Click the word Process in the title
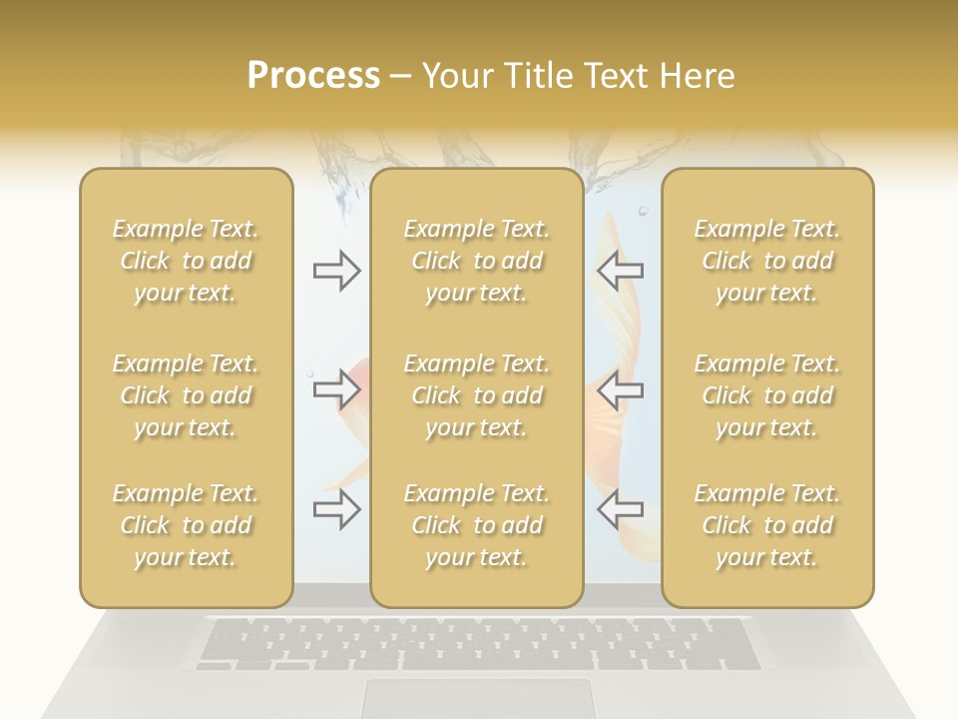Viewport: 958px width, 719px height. [313, 76]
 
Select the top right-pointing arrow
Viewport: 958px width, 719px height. [337, 271]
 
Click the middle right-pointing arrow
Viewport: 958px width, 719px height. [337, 388]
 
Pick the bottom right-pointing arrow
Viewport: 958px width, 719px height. [337, 508]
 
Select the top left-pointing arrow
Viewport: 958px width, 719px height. [620, 271]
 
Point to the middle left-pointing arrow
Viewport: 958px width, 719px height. [620, 388]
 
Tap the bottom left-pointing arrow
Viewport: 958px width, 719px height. [620, 508]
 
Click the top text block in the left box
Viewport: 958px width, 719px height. [186, 261]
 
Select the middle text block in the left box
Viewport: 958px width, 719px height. [186, 395]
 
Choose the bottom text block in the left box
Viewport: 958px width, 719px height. [186, 525]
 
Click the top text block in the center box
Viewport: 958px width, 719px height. [476, 261]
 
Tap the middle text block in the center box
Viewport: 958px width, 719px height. [476, 395]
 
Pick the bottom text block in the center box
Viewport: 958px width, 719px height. [476, 525]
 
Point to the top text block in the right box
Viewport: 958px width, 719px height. [766, 261]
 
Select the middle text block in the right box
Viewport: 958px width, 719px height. [766, 395]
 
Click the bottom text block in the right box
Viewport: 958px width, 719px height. [766, 525]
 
